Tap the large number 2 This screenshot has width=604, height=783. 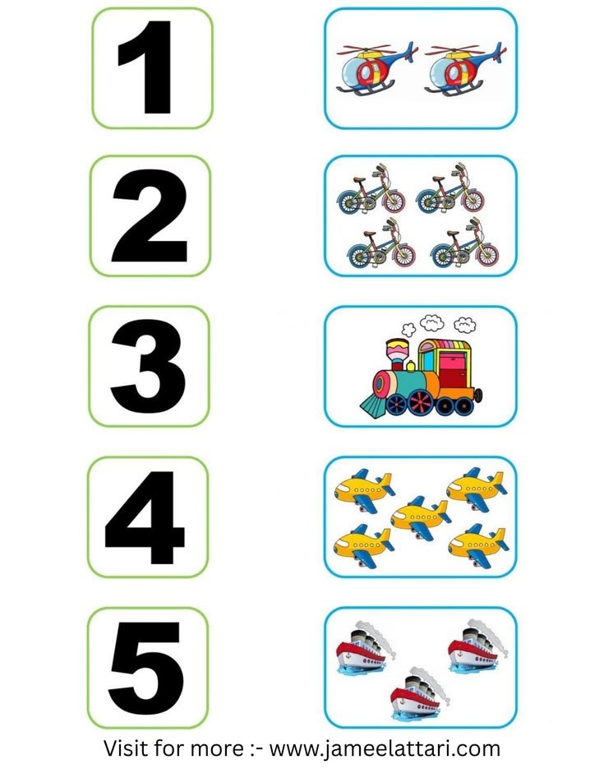[x=150, y=215]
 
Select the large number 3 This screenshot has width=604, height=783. [x=148, y=367]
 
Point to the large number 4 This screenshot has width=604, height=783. [x=145, y=517]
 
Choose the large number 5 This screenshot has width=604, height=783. [x=145, y=668]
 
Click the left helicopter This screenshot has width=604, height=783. [x=376, y=68]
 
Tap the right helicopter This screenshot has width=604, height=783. [x=465, y=68]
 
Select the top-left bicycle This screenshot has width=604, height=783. [x=371, y=189]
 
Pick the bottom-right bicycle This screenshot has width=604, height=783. [x=464, y=243]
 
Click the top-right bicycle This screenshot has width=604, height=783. [x=450, y=188]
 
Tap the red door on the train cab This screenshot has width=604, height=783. [x=452, y=370]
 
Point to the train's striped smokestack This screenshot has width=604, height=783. [x=396, y=354]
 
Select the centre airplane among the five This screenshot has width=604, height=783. [x=421, y=517]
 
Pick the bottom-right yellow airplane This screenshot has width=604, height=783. [x=477, y=545]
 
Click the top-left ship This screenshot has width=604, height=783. [x=366, y=647]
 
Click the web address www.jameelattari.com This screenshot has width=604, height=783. [x=385, y=749]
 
